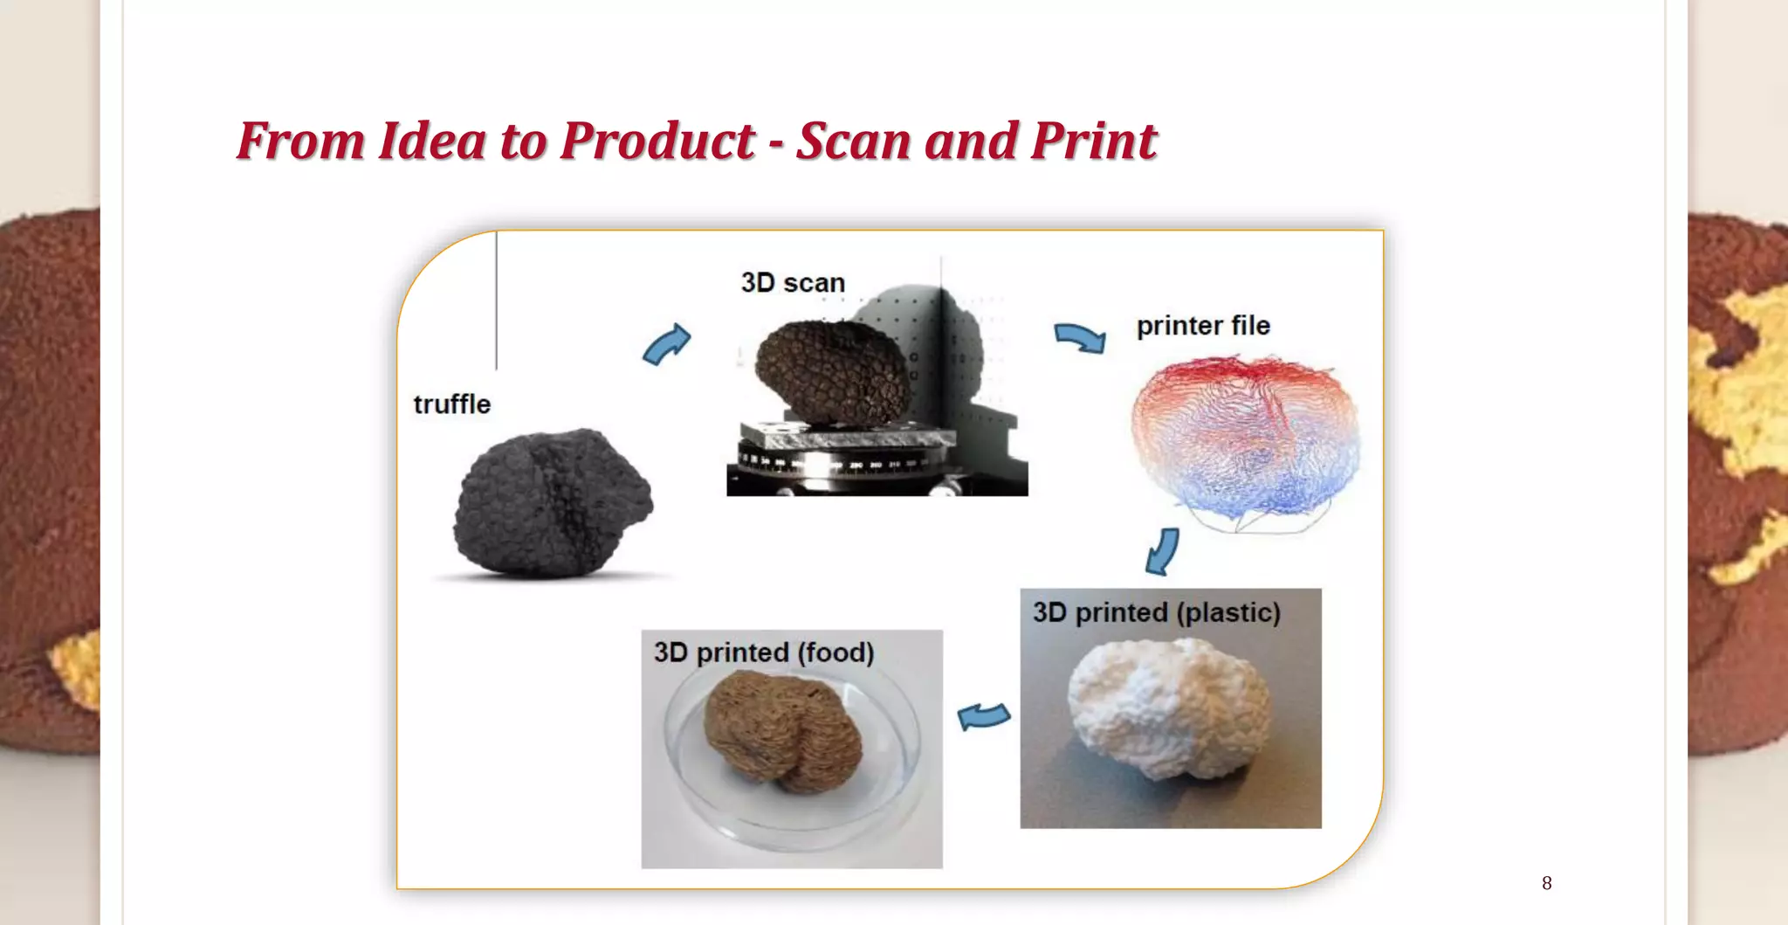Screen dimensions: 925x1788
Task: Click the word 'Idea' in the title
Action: tap(431, 141)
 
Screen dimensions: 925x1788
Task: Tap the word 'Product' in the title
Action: tap(657, 141)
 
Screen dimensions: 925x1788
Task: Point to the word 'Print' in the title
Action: tap(1093, 141)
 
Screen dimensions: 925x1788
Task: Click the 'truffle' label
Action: tap(451, 404)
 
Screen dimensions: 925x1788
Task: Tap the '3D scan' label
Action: tap(793, 283)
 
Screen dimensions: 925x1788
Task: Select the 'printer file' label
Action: tap(1203, 326)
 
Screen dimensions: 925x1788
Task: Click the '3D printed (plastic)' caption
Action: tap(1156, 612)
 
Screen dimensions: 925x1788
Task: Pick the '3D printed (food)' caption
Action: tap(764, 652)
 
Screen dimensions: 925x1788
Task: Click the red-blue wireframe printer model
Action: tap(1243, 441)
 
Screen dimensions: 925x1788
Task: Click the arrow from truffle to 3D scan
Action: tap(667, 344)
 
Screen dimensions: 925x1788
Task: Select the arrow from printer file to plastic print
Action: tap(1163, 550)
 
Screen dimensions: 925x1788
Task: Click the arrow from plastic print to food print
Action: tap(983, 716)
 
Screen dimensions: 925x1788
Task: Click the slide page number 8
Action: tap(1546, 883)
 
